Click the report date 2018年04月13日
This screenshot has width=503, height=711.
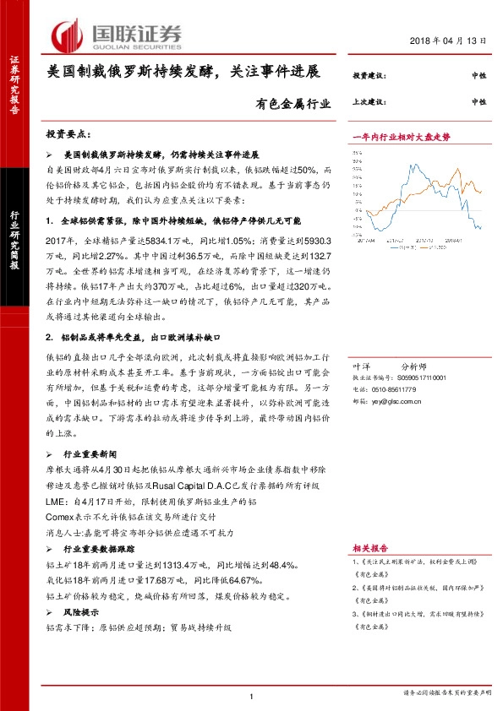tap(449, 42)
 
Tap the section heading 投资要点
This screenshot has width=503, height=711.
tap(72, 135)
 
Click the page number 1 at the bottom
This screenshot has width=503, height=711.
tap(252, 695)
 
